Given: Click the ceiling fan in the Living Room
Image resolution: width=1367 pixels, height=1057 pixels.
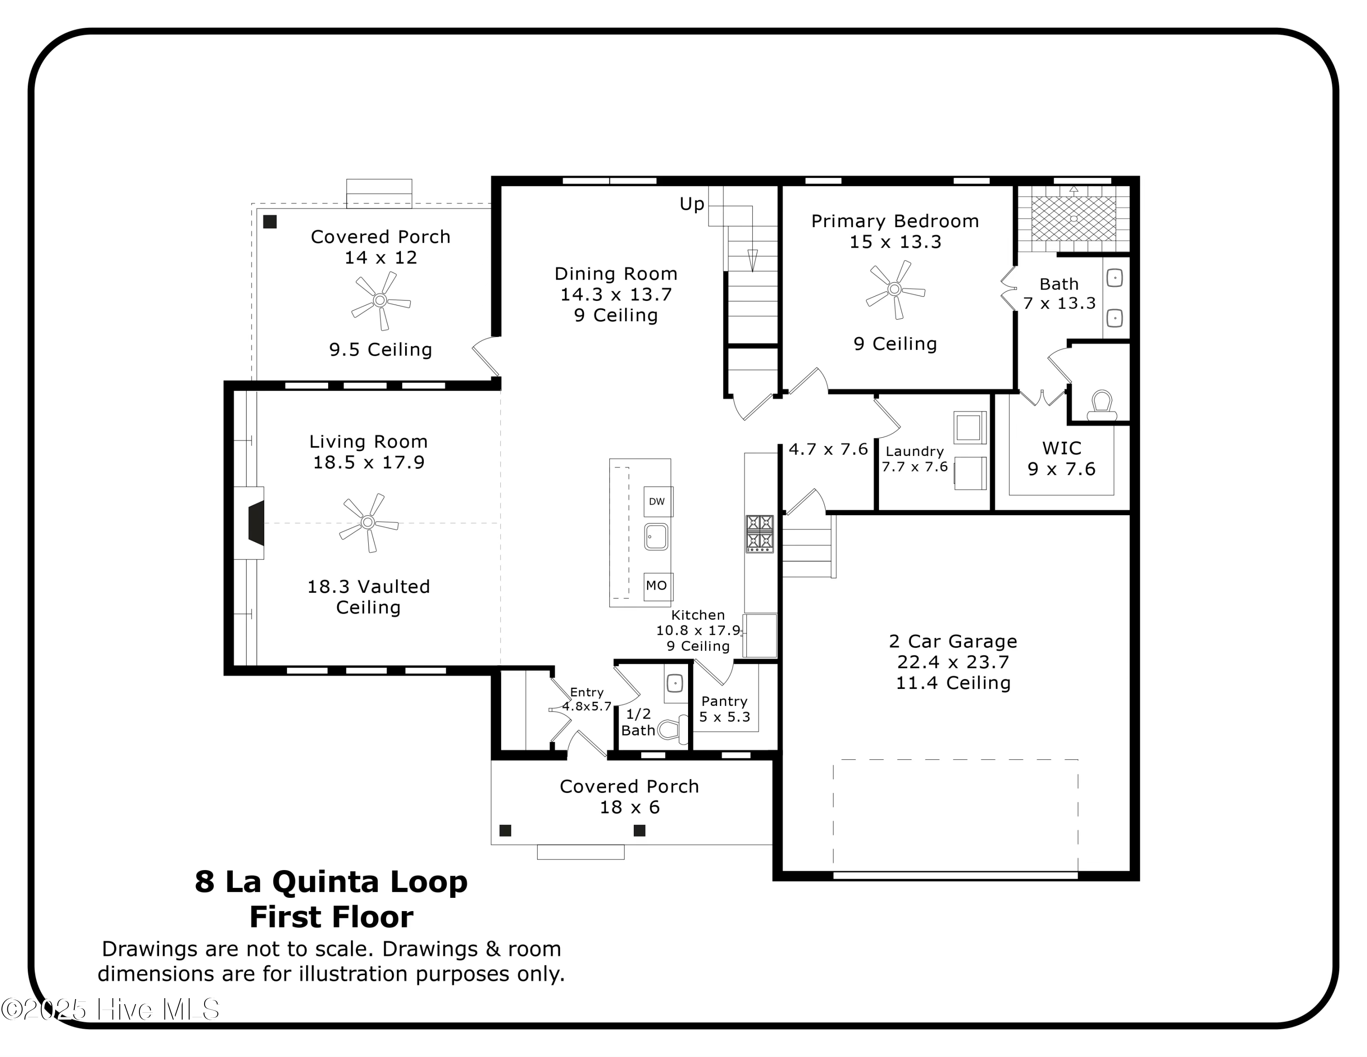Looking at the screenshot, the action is pyautogui.click(x=368, y=522).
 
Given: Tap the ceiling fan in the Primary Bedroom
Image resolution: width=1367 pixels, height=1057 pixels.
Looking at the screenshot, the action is pyautogui.click(x=895, y=289).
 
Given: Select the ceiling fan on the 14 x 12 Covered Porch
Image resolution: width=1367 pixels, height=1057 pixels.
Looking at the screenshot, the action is pyautogui.click(x=380, y=301).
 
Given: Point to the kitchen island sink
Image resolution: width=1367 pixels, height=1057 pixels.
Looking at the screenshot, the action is pyautogui.click(x=657, y=537).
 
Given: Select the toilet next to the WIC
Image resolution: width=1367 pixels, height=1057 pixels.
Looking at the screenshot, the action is pyautogui.click(x=1102, y=406).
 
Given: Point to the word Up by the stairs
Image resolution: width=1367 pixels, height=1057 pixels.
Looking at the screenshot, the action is pyautogui.click(x=692, y=204).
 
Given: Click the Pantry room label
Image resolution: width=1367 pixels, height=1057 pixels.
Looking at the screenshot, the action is pyautogui.click(x=724, y=701).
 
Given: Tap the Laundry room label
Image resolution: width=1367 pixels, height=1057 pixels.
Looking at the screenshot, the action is pyautogui.click(x=915, y=451).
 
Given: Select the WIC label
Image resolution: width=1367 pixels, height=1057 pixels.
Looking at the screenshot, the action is pyautogui.click(x=1062, y=448).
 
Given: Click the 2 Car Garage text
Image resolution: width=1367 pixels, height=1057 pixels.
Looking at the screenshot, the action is pyautogui.click(x=953, y=641).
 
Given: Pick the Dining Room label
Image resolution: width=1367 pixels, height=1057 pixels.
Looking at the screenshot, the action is pyautogui.click(x=616, y=274).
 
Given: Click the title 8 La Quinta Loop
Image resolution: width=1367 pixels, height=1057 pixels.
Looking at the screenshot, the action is pyautogui.click(x=331, y=881).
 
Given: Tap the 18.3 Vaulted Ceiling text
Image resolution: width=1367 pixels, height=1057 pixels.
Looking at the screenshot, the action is pyautogui.click(x=369, y=597).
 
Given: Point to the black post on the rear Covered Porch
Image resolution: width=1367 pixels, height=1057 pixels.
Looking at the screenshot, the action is pyautogui.click(x=270, y=222).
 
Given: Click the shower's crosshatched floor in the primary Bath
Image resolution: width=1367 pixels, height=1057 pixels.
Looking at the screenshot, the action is pyautogui.click(x=1074, y=218).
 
